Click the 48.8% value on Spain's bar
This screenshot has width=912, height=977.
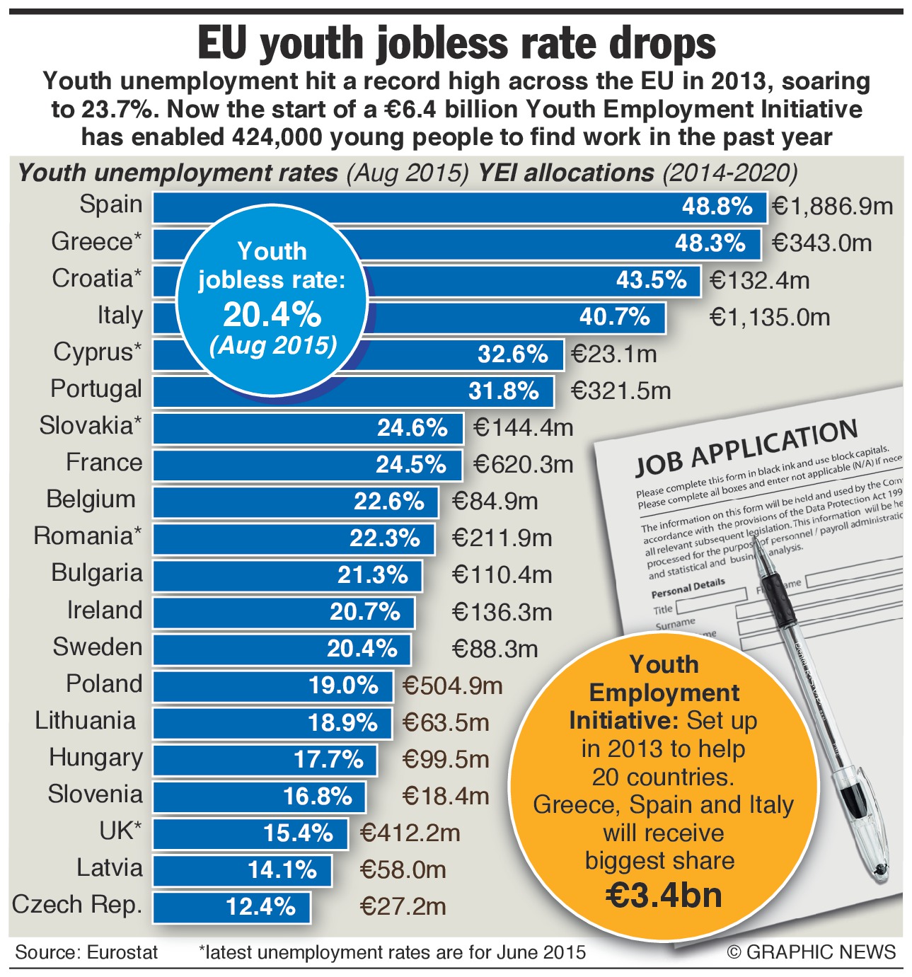click(x=717, y=207)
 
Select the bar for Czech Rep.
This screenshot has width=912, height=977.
click(x=232, y=907)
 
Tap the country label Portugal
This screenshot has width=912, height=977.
click(x=96, y=389)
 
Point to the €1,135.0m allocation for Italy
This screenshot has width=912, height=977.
click(x=769, y=317)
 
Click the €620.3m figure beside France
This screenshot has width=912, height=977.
click(x=523, y=464)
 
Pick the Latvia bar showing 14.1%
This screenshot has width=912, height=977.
click(x=243, y=870)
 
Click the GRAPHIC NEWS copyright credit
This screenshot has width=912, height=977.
click(x=812, y=952)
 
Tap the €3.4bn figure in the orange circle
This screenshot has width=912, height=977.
click(x=664, y=895)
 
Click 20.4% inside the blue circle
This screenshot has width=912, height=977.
click(x=272, y=314)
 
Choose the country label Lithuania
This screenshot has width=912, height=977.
click(x=86, y=721)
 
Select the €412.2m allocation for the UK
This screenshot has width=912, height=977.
click(x=410, y=833)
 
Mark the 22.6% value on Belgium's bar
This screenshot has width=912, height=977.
click(x=388, y=502)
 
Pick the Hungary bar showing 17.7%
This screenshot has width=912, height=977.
click(x=265, y=760)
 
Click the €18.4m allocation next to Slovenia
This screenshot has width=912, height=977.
click(x=446, y=796)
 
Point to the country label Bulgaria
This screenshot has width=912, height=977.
click(x=97, y=573)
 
